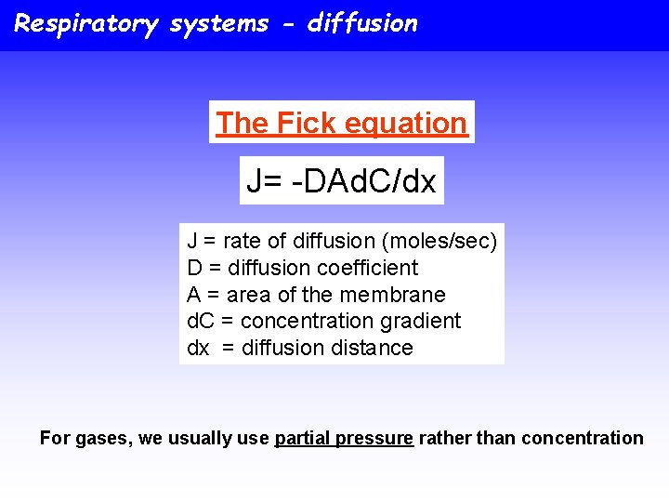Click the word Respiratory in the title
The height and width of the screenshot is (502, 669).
tap(85, 23)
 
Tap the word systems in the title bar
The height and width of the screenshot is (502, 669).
tap(218, 23)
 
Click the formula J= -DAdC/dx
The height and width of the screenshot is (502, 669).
tap(341, 181)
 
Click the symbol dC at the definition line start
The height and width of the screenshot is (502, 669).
tap(200, 321)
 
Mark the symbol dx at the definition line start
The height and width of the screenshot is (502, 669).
tap(199, 348)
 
